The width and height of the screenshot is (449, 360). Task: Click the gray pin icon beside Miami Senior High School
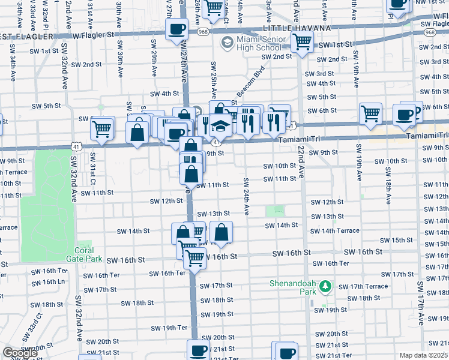(227, 43)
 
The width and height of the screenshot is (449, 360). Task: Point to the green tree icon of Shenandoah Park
(325, 287)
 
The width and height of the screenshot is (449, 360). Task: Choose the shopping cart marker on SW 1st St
(301, 42)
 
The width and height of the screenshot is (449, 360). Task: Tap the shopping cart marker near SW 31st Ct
(102, 128)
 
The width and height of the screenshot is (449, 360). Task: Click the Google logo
(20, 353)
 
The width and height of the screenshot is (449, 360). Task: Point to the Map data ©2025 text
(424, 355)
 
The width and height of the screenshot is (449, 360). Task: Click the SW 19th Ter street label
(169, 328)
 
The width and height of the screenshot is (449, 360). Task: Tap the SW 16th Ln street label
(49, 281)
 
